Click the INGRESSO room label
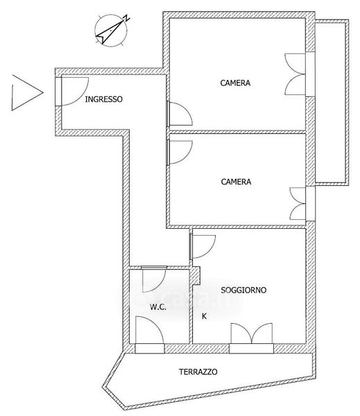click(x=103, y=99)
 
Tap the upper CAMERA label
click(x=235, y=83)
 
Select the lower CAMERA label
click(x=236, y=182)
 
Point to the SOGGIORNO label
click(x=243, y=290)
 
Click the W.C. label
click(x=158, y=307)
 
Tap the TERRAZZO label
click(x=198, y=372)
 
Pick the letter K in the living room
click(x=204, y=316)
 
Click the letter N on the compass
click(x=127, y=18)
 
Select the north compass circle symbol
click(x=111, y=31)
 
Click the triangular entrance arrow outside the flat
click(x=27, y=93)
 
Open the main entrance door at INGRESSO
click(x=71, y=92)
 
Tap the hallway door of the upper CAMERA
click(x=179, y=114)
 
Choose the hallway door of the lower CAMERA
click(x=179, y=152)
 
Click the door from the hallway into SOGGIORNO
click(x=203, y=247)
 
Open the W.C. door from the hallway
click(x=154, y=279)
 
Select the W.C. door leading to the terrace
click(x=149, y=335)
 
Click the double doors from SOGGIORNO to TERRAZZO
click(x=251, y=338)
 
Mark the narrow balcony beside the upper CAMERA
click(x=332, y=103)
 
